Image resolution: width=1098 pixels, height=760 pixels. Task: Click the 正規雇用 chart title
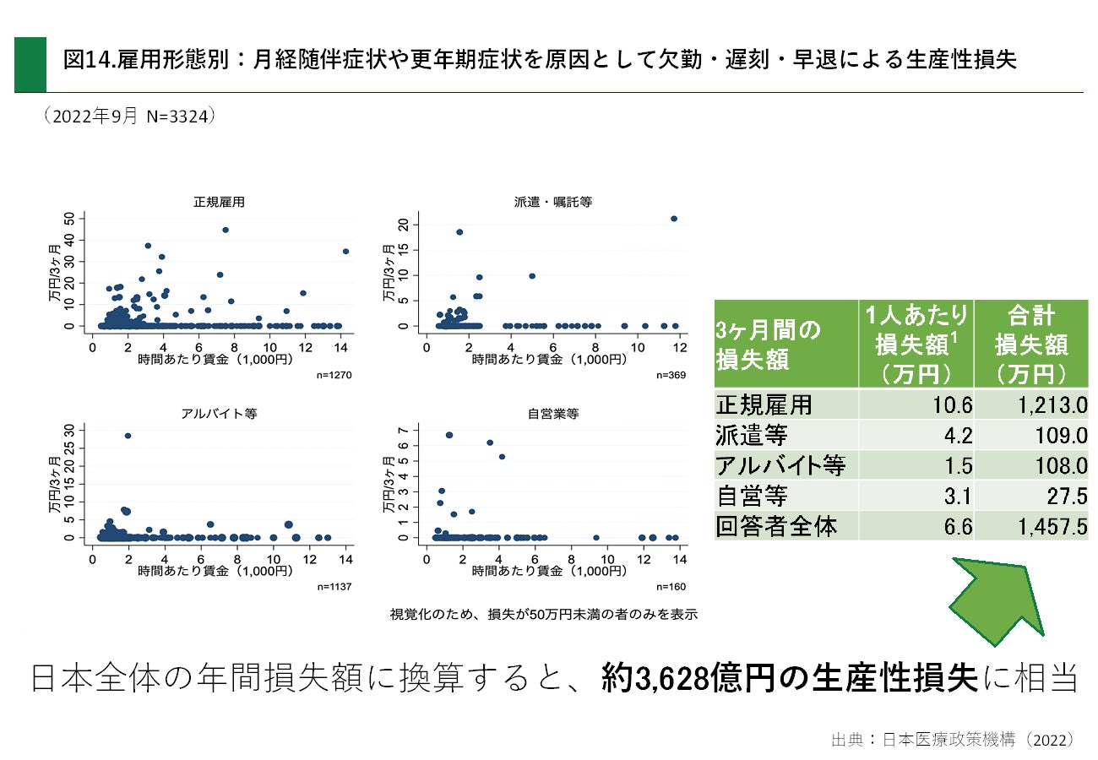coord(220,202)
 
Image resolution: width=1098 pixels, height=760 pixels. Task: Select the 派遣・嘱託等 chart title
coord(552,202)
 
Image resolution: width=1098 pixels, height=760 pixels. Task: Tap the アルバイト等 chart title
coord(219,414)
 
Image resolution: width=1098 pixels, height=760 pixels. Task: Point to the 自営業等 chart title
coord(552,414)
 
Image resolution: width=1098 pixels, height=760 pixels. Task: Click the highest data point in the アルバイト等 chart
coord(128,436)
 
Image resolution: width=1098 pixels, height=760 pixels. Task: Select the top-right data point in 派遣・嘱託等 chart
coord(673,219)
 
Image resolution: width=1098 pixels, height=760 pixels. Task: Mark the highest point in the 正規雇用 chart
coord(226,230)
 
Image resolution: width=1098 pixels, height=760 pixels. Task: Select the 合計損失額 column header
coord(1030,344)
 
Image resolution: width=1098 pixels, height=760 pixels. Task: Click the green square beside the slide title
coord(30,64)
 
